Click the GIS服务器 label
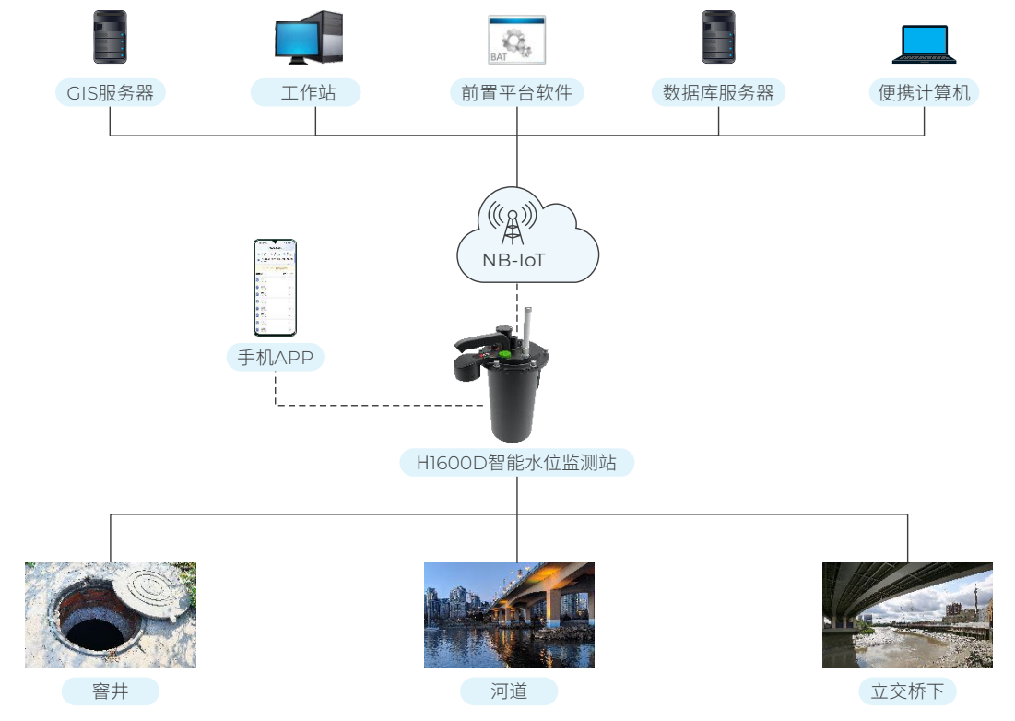(x=110, y=92)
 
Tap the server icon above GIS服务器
(x=110, y=37)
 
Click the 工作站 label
(x=306, y=92)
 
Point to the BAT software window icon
(x=516, y=40)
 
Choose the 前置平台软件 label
(x=516, y=92)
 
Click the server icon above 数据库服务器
(x=718, y=37)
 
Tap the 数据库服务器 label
(x=718, y=92)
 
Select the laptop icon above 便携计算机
(x=924, y=42)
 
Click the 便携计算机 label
(x=924, y=92)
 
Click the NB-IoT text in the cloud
(x=513, y=260)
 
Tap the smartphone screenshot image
(x=276, y=288)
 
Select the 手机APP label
(x=276, y=358)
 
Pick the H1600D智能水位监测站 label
(x=516, y=462)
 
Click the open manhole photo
(x=111, y=615)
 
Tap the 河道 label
(x=509, y=691)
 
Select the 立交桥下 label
(x=907, y=691)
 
